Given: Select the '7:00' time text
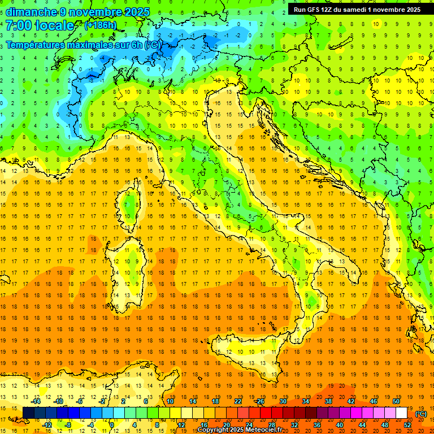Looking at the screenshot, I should (18, 25).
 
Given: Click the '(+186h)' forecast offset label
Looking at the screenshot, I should (100, 25).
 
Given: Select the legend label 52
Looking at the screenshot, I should (407, 425).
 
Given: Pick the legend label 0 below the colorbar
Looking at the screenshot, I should (111, 425).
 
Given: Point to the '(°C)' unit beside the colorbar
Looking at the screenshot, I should (420, 413).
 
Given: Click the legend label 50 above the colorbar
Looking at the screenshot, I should (396, 401).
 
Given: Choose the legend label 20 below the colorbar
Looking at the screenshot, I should (226, 425).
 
